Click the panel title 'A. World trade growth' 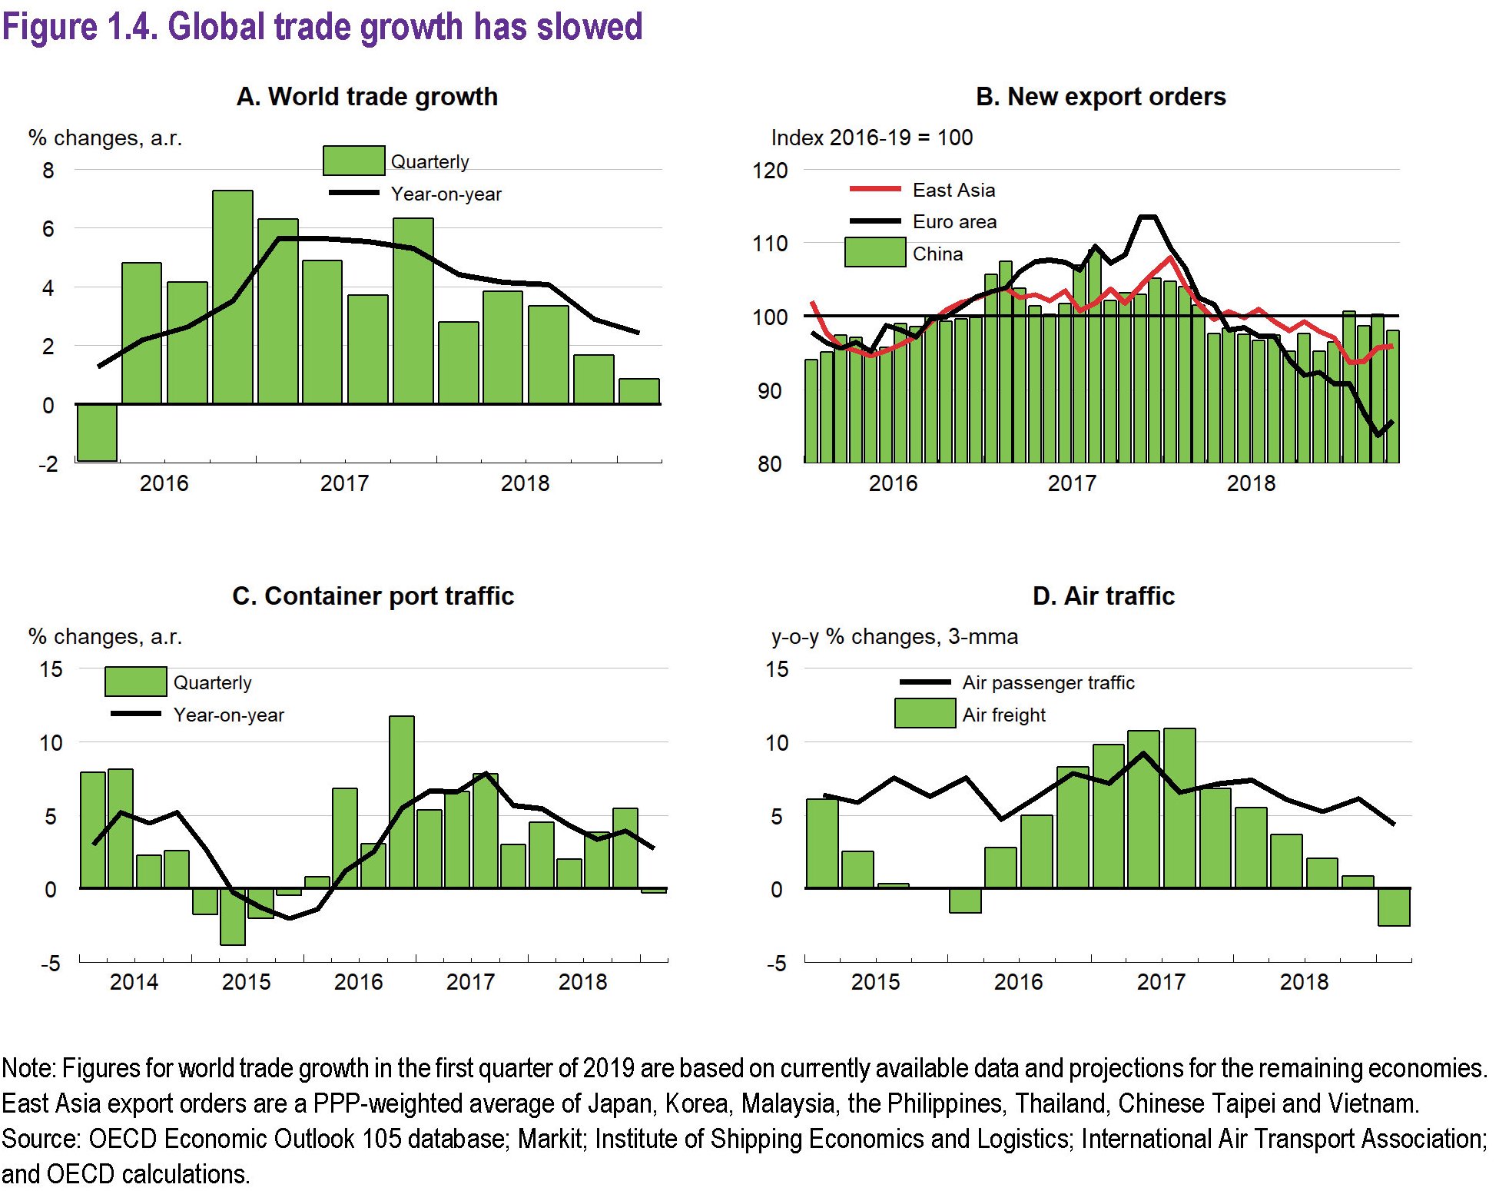pos(366,97)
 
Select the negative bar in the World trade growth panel pos(98,432)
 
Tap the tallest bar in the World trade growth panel pos(233,297)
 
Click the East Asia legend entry pos(953,190)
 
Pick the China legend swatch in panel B pos(874,253)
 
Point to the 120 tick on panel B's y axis pos(770,170)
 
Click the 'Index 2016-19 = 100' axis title pos(871,138)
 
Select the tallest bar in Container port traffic pos(402,801)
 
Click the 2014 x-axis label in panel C pos(134,982)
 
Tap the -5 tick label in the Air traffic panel pos(777,964)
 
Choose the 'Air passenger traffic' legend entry pos(1047,682)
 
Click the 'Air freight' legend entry pos(1003,715)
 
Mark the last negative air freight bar pos(1394,907)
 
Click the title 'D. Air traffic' pos(1103,596)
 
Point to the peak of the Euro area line pos(1147,217)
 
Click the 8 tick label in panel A pos(48,170)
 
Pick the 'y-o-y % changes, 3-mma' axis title pos(894,636)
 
